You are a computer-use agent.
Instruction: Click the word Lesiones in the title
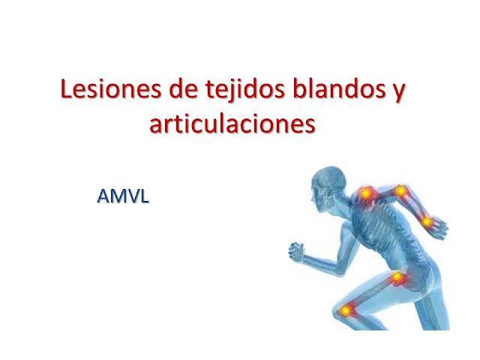(111, 89)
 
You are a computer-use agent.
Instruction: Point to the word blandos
(339, 89)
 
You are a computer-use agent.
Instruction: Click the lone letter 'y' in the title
(399, 93)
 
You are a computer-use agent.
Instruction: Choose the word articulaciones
(232, 124)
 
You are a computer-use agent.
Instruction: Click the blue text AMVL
(123, 196)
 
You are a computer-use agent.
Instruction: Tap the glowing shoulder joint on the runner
(366, 193)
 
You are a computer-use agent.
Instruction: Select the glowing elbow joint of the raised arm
(400, 191)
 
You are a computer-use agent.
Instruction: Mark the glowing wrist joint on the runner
(427, 222)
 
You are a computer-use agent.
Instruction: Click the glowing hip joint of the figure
(398, 277)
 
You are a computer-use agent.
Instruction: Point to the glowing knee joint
(346, 310)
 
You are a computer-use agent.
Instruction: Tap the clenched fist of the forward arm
(296, 251)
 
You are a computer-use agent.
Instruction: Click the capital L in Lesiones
(66, 89)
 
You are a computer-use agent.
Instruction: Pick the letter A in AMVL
(103, 196)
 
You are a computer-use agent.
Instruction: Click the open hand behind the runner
(438, 227)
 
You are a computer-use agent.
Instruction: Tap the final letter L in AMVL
(145, 196)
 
